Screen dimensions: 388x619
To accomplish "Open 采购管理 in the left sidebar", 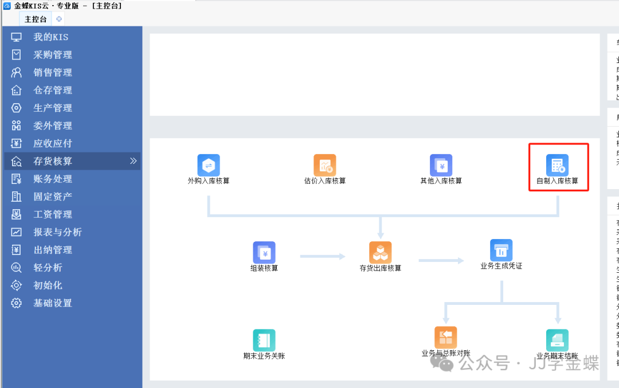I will click(53, 55).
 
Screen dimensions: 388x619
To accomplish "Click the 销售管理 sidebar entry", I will click(53, 73).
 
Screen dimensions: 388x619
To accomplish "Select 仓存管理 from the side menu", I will click(53, 91).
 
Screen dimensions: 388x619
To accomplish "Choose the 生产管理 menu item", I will click(53, 108).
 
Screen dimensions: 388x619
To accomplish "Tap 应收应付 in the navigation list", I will click(53, 144).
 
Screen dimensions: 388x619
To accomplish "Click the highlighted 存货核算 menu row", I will click(53, 162).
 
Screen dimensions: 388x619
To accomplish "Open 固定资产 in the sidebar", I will click(53, 197).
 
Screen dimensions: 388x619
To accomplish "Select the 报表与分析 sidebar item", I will click(57, 233).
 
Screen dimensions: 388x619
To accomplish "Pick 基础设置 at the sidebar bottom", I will click(53, 304).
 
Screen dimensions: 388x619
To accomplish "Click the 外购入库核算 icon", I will click(209, 166).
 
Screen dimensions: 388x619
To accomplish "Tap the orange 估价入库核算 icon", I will click(324, 166).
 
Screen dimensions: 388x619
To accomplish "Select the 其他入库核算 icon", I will click(441, 166).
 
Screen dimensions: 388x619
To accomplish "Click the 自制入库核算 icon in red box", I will click(557, 166).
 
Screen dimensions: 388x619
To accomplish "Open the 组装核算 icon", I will click(264, 253).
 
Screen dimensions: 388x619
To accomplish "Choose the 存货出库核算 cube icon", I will click(380, 253).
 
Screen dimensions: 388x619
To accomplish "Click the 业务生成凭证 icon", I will click(501, 250).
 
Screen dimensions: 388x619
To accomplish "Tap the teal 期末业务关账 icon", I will click(264, 340).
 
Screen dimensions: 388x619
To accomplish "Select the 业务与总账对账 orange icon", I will click(445, 338).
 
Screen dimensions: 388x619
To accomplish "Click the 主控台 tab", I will click(36, 19).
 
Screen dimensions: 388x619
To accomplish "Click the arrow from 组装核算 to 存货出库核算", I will click(323, 256).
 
